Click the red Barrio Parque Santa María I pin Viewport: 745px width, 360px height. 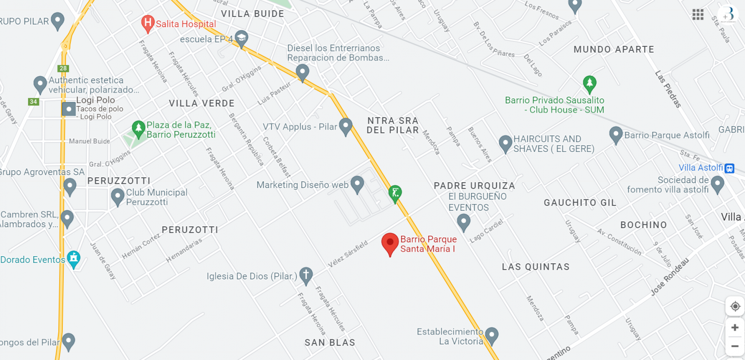[x=390, y=243]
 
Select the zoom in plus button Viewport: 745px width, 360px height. [x=735, y=327]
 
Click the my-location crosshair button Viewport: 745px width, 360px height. [x=735, y=306]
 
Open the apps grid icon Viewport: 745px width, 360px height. [x=698, y=15]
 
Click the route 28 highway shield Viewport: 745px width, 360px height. [x=63, y=68]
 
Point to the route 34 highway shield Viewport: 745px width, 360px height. [x=33, y=102]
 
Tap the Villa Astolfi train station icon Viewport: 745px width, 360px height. [x=729, y=168]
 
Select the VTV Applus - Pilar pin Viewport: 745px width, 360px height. [x=345, y=125]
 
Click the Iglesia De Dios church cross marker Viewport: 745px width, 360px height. [x=306, y=275]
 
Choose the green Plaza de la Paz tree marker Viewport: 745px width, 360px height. [x=138, y=128]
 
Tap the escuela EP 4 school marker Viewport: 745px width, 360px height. [x=241, y=38]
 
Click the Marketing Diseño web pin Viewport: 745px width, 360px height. [x=357, y=184]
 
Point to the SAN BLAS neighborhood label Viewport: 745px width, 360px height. [x=330, y=343]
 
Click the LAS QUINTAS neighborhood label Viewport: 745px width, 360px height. [x=536, y=267]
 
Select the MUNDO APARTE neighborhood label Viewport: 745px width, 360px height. [x=614, y=49]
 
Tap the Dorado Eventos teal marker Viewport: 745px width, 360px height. [x=73, y=258]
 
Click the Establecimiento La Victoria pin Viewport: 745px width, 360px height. [x=492, y=335]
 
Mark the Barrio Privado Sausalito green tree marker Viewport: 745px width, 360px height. [x=589, y=83]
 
